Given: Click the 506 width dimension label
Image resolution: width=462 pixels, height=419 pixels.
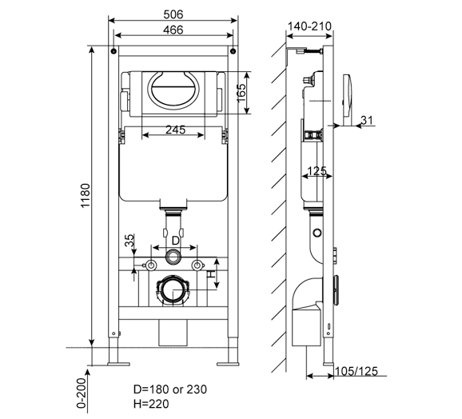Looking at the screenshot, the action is (173, 14).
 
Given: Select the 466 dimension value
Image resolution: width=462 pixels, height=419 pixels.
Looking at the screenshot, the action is (173, 30).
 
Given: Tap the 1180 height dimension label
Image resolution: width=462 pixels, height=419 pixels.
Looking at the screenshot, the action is (86, 195).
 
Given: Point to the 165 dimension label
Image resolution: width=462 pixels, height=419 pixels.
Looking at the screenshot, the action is (241, 93).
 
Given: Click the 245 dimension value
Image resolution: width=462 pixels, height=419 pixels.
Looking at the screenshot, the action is (175, 130).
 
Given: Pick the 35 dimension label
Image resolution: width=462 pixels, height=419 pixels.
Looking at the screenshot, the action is (129, 240).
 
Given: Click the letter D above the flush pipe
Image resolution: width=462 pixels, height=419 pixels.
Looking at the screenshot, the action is (175, 241).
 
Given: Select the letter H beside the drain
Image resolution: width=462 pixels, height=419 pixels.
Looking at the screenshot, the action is (211, 274).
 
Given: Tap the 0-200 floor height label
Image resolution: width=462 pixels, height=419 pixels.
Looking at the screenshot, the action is (82, 393).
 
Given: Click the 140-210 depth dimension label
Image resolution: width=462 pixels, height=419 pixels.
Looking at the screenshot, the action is (309, 26).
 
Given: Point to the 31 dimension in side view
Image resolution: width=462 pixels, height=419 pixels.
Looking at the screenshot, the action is (367, 120).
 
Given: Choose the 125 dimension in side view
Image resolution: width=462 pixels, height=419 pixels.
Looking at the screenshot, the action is (317, 171).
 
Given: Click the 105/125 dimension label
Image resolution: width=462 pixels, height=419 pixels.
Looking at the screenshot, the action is (356, 371).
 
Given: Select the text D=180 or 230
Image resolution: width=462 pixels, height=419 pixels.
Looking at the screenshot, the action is (170, 389).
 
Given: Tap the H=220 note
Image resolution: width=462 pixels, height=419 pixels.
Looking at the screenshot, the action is (151, 404).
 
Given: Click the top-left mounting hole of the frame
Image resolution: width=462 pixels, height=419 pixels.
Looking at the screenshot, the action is (114, 51).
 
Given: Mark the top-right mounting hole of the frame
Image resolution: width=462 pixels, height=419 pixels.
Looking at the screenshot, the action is (233, 51).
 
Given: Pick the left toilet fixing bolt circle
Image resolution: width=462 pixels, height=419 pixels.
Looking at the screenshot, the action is (151, 265).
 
